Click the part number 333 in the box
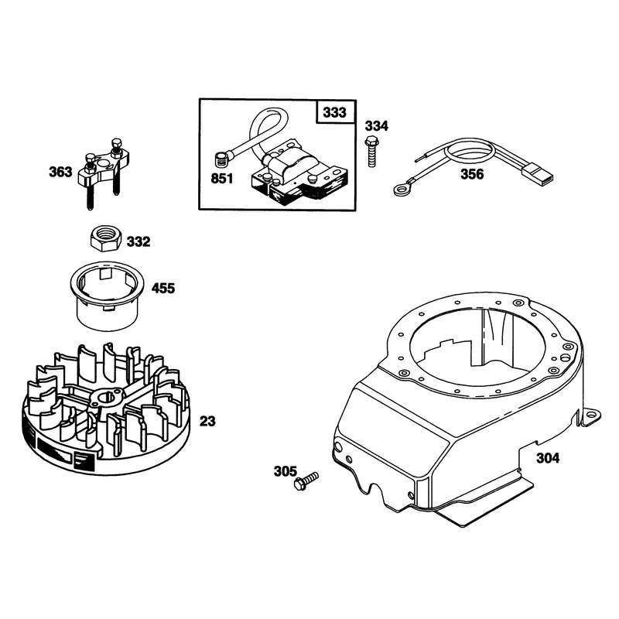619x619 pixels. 334,112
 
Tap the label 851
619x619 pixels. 222,179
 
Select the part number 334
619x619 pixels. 377,126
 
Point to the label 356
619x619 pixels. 472,174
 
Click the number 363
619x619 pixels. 61,172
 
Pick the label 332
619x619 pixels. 139,241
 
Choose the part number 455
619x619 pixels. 163,288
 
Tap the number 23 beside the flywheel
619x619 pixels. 207,421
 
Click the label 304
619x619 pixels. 548,458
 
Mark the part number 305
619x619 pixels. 286,471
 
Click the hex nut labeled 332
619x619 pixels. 104,238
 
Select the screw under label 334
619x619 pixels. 371,151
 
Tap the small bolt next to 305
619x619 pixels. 306,480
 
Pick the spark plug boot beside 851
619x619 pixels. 222,161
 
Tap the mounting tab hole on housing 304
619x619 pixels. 590,415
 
